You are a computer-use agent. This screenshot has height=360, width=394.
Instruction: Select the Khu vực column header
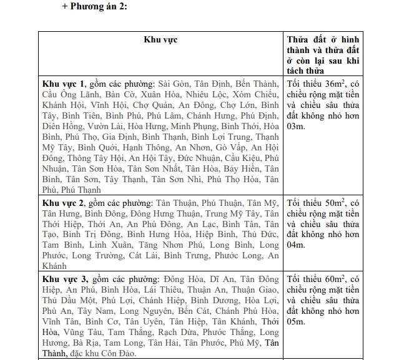tap(160, 39)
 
